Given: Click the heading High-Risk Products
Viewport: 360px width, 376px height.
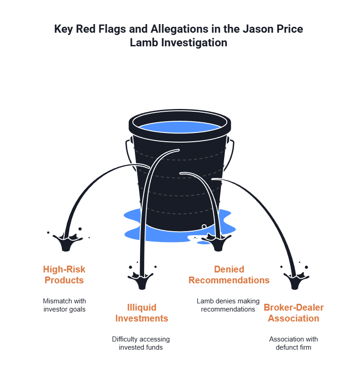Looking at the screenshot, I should pos(64,275).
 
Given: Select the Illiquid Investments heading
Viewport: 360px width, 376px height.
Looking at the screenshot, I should pos(141,312).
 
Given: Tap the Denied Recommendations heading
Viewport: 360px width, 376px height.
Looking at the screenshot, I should pos(229,275).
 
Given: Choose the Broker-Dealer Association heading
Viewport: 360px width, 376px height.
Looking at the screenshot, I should pos(293,312).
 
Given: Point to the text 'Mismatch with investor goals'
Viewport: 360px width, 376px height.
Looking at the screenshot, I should pos(64,305).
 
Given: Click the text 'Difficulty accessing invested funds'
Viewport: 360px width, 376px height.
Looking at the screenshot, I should pos(141,343).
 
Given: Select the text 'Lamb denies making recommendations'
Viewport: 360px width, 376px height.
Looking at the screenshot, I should pos(228,305).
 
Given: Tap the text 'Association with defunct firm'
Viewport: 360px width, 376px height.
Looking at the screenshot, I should pos(293,343).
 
